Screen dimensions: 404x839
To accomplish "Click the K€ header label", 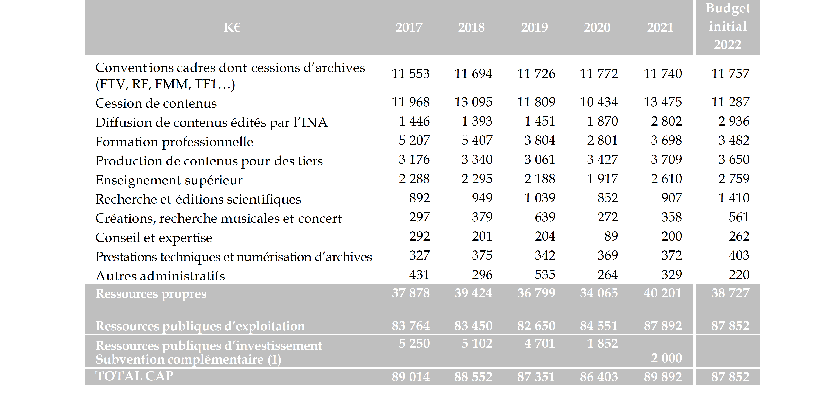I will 232,27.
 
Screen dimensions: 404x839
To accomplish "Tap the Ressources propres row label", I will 151,294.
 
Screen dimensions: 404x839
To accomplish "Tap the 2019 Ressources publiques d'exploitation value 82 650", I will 536,326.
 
